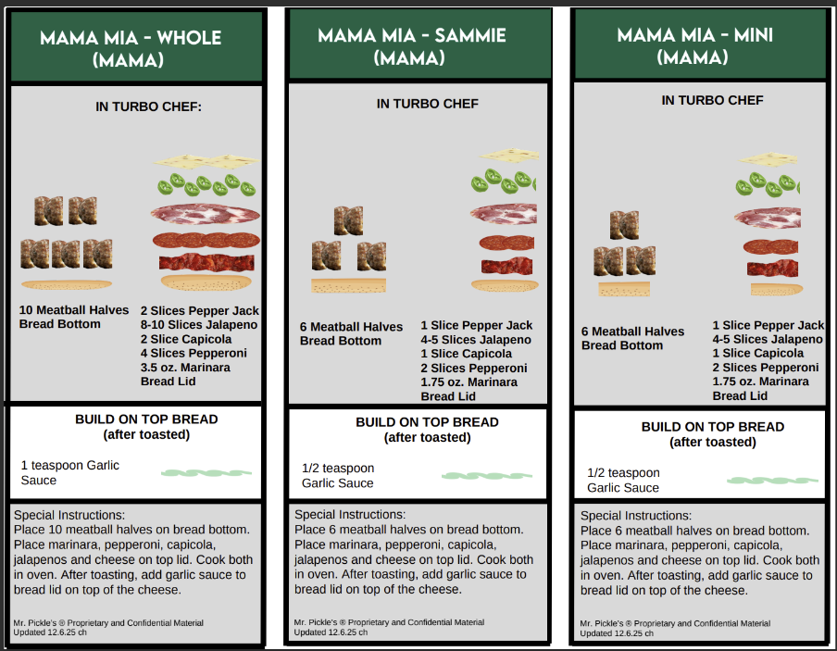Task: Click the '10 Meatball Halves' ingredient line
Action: [x=74, y=310]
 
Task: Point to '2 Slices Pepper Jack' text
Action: [x=200, y=311]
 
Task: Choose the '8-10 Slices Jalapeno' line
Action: [x=199, y=325]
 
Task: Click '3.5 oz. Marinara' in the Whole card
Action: [x=185, y=368]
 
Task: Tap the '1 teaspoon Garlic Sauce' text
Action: [x=70, y=472]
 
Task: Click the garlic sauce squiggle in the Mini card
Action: [x=772, y=480]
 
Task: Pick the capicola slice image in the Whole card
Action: [x=206, y=215]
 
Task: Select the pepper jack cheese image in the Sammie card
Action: [x=509, y=155]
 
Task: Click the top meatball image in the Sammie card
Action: [x=348, y=220]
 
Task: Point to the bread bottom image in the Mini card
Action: [x=624, y=289]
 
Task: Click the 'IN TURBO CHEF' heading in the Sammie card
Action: [x=428, y=104]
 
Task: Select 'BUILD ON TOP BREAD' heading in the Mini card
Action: [x=713, y=427]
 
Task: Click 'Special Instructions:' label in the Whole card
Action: [x=69, y=516]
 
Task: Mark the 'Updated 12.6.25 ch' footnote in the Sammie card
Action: [x=331, y=632]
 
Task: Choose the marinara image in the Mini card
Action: [x=772, y=269]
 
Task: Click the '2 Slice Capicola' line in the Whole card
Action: [x=186, y=339]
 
